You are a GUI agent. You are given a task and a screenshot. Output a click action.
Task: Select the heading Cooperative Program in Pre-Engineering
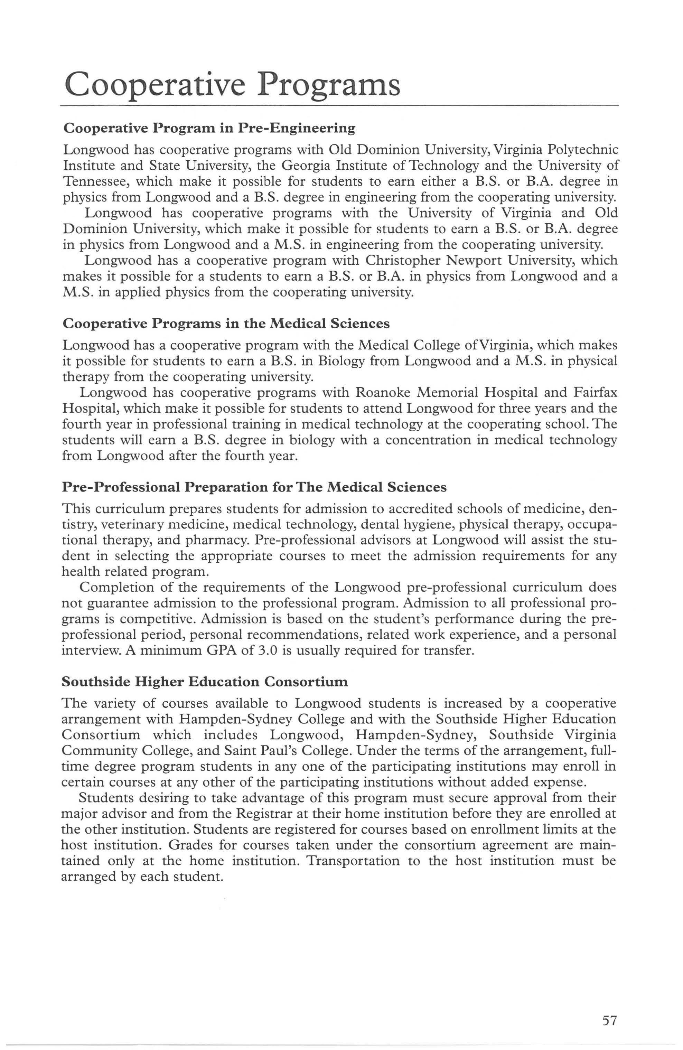pos(209,128)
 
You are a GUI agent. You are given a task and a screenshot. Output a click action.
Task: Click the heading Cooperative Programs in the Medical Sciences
pos(226,324)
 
